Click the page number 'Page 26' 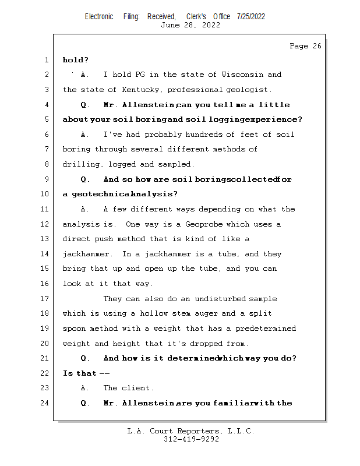coord(305,46)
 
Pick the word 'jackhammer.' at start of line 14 coord(87,254)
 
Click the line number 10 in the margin coord(45,194)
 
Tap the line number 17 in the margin coord(45,299)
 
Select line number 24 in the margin coord(45,403)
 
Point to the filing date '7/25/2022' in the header coord(251,16)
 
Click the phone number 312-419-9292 coord(191,439)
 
